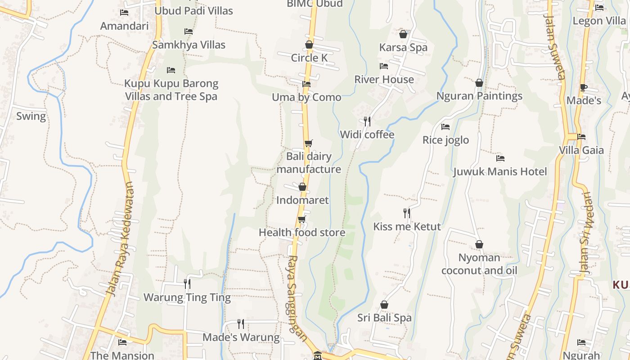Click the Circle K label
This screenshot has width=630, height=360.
(x=309, y=58)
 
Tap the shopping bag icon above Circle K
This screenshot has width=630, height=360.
(x=309, y=45)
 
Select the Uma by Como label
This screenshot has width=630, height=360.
(x=306, y=97)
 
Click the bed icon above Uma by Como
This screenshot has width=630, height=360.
(x=306, y=84)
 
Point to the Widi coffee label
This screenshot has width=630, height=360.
(x=367, y=135)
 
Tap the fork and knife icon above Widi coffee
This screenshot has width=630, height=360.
(x=367, y=121)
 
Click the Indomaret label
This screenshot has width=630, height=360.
(x=302, y=200)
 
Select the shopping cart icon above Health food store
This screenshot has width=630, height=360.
(x=302, y=220)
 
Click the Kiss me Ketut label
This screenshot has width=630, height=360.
(x=407, y=226)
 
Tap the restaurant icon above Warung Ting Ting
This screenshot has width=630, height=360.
(x=187, y=283)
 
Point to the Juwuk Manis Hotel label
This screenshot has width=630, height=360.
(x=500, y=171)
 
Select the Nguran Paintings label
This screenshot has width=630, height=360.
(x=479, y=96)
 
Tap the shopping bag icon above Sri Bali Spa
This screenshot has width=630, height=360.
(x=384, y=305)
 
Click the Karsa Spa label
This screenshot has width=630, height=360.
(x=403, y=48)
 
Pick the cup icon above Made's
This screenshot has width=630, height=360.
(x=584, y=87)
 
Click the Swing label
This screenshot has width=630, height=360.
(x=31, y=116)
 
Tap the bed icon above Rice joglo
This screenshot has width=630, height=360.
(x=445, y=127)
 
